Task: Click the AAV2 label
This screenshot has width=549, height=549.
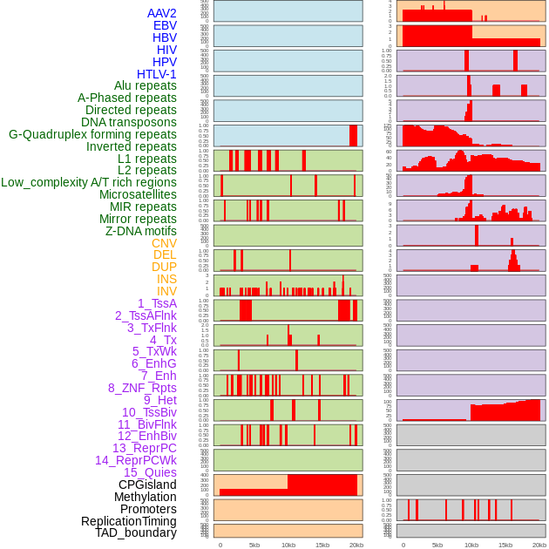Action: tap(161, 13)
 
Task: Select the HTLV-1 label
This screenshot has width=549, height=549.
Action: tap(156, 74)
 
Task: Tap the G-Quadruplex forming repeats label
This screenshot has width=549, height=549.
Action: tap(92, 135)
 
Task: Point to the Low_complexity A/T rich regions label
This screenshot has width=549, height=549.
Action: tap(88, 182)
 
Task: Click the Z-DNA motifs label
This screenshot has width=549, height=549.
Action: tap(140, 231)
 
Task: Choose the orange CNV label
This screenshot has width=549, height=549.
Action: tap(164, 243)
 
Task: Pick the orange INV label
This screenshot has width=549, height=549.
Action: tap(166, 291)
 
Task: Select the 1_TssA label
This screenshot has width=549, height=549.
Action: tap(157, 303)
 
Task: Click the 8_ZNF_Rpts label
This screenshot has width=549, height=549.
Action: tap(142, 388)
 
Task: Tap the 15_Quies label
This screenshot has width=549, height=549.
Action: tap(149, 472)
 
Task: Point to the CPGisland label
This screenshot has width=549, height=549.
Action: tap(147, 485)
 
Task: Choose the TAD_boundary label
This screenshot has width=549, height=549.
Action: tap(135, 532)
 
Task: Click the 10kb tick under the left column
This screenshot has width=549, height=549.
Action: tap(288, 545)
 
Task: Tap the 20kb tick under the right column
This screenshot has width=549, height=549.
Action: tap(539, 545)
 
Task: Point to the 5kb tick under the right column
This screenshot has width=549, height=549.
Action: tap(437, 545)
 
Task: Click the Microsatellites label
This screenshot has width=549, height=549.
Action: tap(138, 194)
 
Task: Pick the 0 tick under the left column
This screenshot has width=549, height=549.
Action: tap(220, 545)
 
